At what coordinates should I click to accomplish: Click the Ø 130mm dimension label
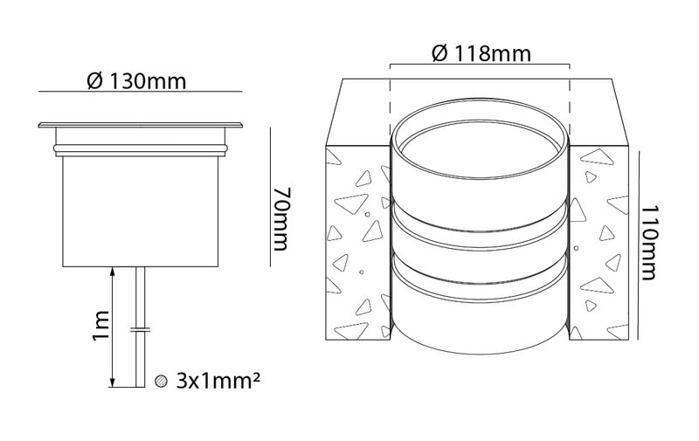click(136, 81)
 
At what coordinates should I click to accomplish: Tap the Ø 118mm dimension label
click(481, 54)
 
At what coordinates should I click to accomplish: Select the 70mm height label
click(281, 218)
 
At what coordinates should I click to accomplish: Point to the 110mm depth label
click(649, 242)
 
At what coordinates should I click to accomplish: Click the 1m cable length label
click(100, 325)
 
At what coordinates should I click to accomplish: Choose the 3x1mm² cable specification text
click(218, 381)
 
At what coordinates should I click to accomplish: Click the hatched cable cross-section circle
click(161, 381)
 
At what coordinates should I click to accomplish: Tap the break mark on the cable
click(141, 330)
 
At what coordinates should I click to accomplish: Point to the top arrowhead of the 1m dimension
click(112, 272)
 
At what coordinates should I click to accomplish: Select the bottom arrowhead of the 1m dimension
click(112, 382)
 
